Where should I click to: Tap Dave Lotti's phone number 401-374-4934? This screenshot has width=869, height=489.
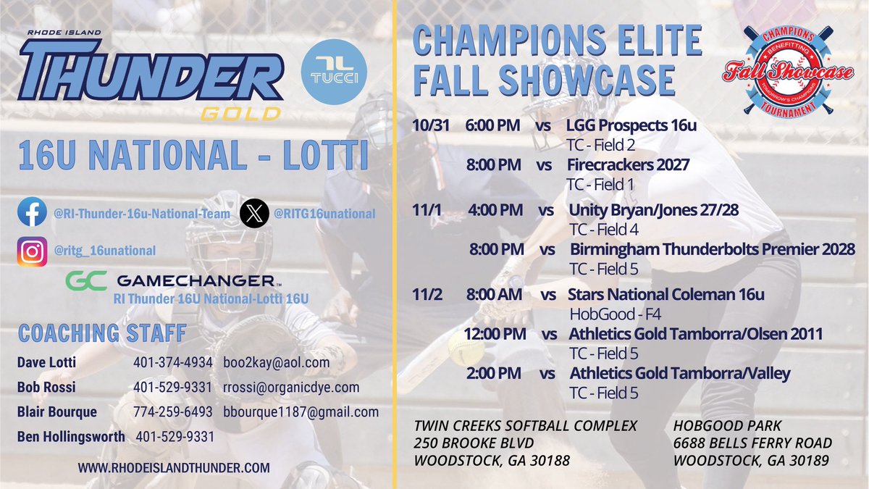pyautogui.click(x=173, y=361)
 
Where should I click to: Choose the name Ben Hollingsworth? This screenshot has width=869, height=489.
pyautogui.click(x=70, y=437)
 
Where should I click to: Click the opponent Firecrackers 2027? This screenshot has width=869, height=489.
pyautogui.click(x=627, y=165)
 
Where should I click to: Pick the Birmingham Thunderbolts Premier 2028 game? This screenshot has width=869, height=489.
pyautogui.click(x=713, y=249)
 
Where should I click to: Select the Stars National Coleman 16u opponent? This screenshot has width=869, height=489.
pyautogui.click(x=666, y=295)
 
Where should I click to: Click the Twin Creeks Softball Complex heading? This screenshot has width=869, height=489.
pyautogui.click(x=526, y=425)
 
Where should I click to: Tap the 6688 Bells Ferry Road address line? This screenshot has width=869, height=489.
pyautogui.click(x=752, y=442)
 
